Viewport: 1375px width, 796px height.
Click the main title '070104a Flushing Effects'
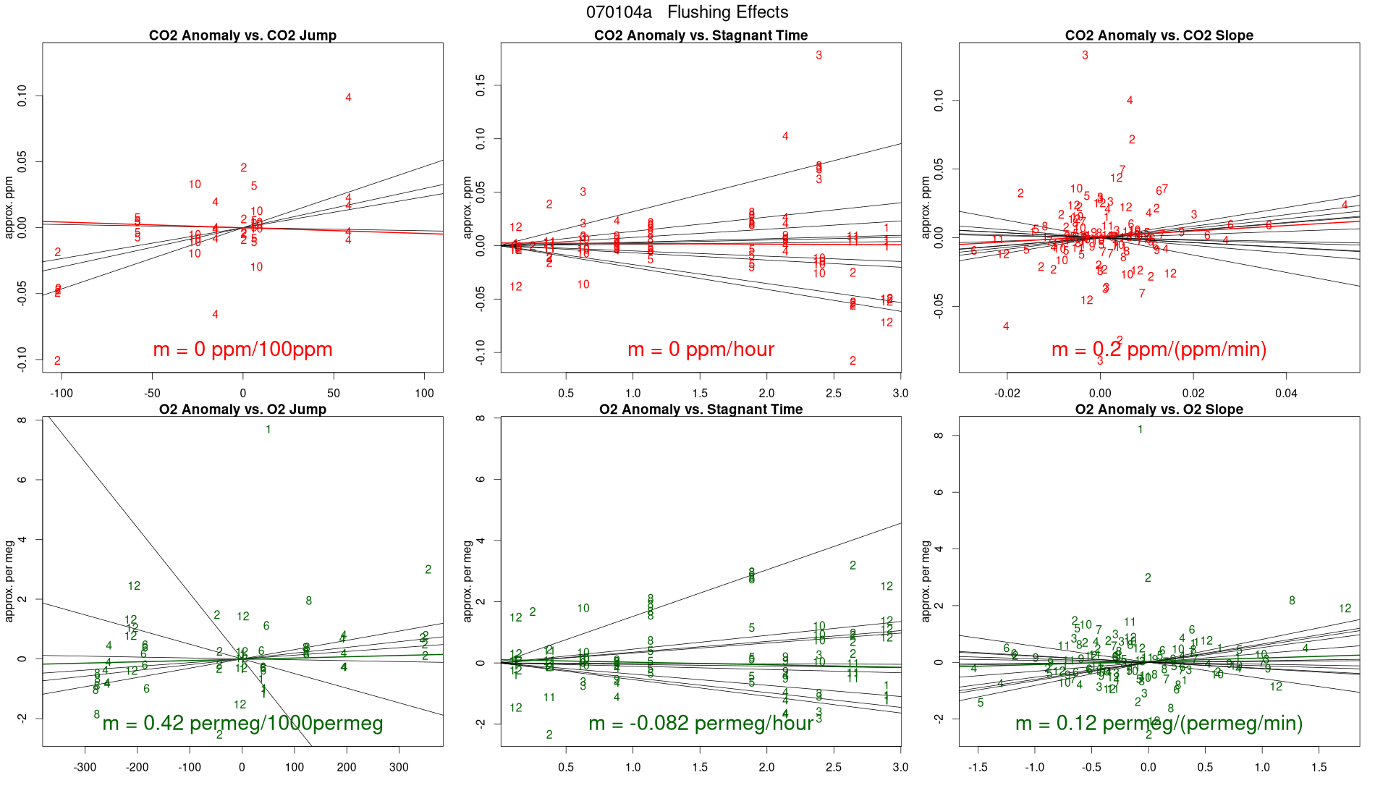tap(687, 12)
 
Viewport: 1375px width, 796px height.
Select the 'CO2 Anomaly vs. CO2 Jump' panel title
tap(242, 35)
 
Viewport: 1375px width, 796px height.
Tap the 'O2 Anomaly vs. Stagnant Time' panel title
tap(701, 410)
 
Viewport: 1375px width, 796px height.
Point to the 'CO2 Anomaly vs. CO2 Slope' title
tap(1159, 35)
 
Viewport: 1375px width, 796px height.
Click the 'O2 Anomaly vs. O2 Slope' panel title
tap(1159, 410)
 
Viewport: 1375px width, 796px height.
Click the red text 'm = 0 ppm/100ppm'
tap(242, 350)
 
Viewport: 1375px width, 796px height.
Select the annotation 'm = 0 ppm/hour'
tap(701, 350)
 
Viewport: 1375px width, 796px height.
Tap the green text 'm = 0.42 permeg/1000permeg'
tap(242, 723)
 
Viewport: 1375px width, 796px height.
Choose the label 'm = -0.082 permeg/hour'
tap(701, 723)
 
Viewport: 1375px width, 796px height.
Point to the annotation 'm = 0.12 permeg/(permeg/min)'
tap(1159, 723)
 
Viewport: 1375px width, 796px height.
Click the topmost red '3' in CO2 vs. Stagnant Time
tap(819, 56)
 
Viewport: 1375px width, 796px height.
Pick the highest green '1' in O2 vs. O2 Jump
tap(268, 430)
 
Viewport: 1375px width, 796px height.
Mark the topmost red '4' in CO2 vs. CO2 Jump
tap(348, 98)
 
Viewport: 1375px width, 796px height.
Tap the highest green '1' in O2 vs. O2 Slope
tap(1141, 430)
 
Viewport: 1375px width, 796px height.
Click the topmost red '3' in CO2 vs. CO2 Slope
tap(1085, 56)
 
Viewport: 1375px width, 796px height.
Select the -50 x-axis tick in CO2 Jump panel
tap(152, 394)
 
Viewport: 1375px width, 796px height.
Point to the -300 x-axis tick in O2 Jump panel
tap(85, 768)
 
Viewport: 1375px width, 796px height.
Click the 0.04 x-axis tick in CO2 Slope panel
tap(1286, 394)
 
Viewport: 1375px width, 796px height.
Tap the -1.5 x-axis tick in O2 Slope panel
tap(978, 768)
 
